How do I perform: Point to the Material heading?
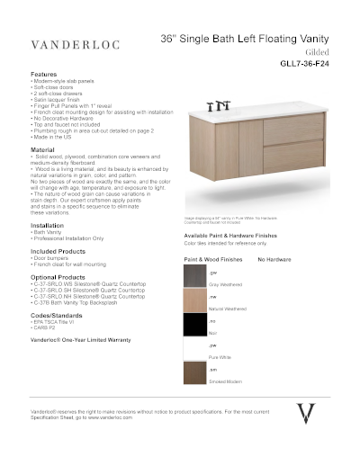click(43, 149)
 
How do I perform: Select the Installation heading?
click(47, 224)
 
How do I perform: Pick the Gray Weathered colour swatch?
click(194, 274)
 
